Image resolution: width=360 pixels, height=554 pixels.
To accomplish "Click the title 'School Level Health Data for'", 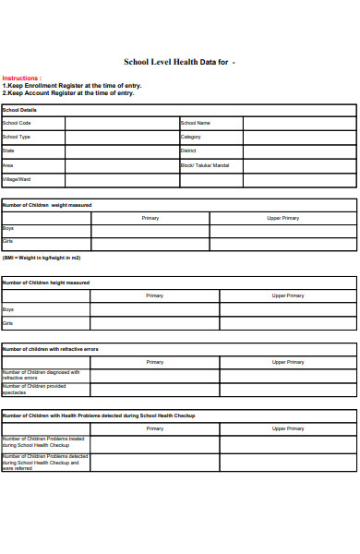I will point(175,62).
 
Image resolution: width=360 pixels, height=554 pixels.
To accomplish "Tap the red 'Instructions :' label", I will point(21,78).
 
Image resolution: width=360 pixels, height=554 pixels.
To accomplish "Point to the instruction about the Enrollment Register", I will point(72,86).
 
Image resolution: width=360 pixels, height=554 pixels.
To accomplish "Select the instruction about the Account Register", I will point(68,93).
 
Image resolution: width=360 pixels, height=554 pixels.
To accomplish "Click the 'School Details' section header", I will point(19,109).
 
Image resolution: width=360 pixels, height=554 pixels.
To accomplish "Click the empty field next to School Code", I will point(121,123).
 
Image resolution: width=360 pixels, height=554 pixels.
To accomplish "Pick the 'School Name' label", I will point(196,123).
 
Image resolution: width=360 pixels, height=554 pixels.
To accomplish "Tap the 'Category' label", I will point(191,137).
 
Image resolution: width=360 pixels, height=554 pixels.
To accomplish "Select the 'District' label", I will point(188,151).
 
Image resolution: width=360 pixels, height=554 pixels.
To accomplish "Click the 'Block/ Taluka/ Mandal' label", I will point(205,165).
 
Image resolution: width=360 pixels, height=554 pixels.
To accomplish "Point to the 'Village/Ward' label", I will point(18,179).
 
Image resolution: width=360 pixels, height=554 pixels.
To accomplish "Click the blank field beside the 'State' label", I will point(121,151).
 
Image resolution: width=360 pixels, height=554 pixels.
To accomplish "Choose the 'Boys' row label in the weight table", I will point(8,228).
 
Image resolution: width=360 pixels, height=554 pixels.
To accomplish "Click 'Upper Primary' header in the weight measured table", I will point(282,218).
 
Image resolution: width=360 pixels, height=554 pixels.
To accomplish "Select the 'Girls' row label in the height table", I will point(8,324).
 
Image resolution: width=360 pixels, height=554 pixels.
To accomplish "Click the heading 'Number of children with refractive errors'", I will point(51,350).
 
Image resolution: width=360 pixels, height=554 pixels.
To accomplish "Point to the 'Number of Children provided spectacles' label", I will point(34,389).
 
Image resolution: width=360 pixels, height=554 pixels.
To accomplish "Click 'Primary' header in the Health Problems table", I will point(154,428).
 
